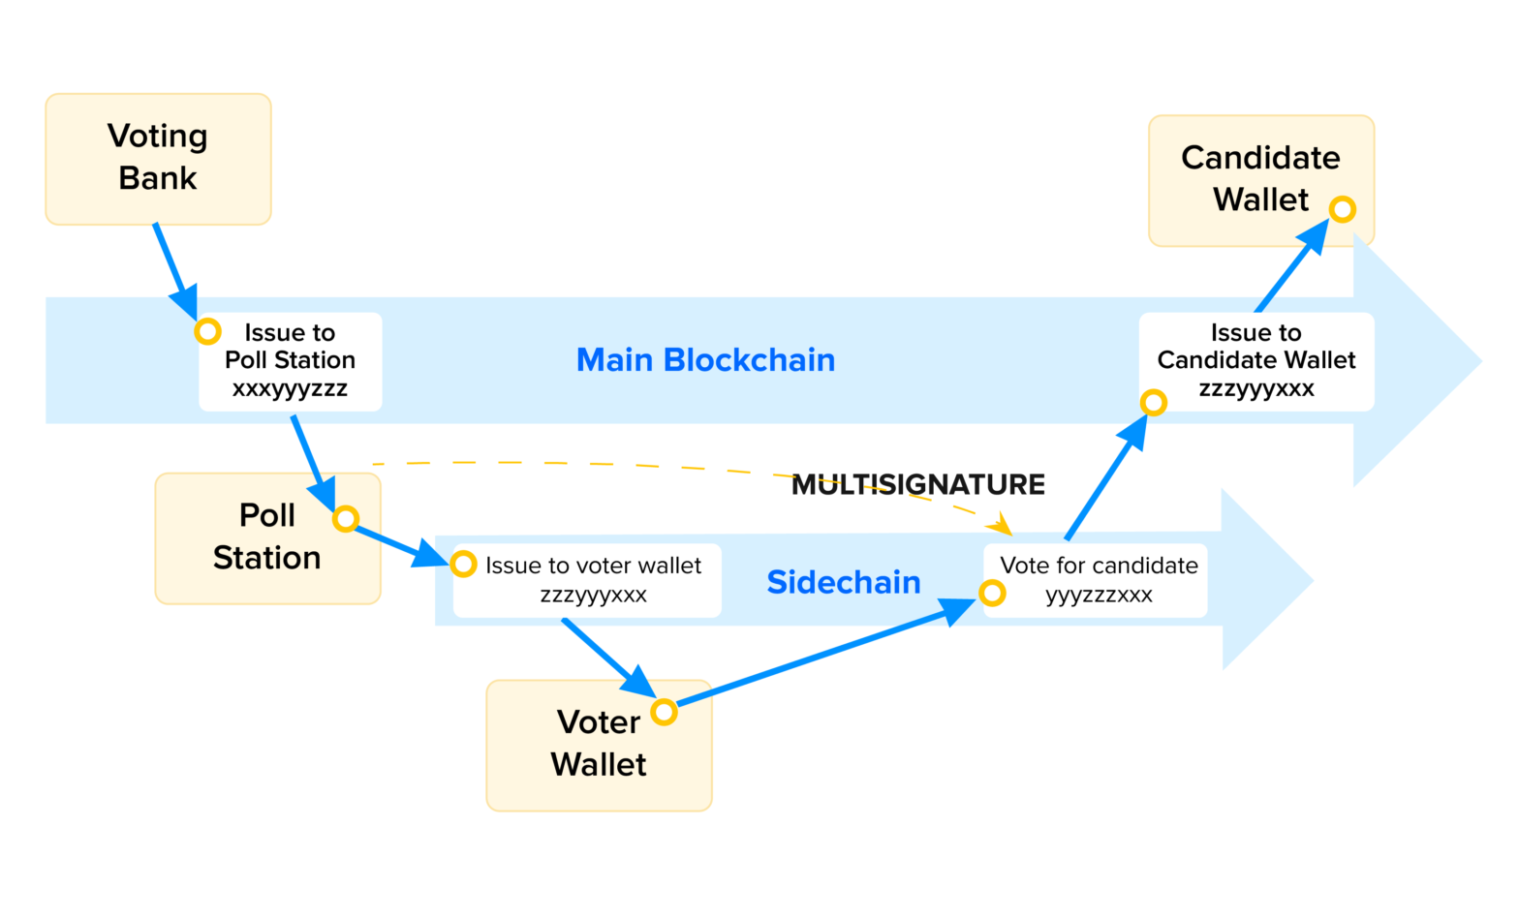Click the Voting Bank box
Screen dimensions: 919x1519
point(158,159)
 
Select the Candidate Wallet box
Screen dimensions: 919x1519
point(1259,179)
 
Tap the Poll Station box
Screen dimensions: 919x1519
point(266,537)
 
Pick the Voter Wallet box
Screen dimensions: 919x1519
point(598,744)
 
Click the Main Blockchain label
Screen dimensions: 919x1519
point(705,360)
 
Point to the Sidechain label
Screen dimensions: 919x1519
point(843,582)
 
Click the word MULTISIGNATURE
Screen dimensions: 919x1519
point(917,484)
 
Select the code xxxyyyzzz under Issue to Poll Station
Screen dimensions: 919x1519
point(290,389)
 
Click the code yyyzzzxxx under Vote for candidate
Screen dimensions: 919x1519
point(1099,595)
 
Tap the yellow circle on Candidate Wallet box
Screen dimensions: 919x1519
point(1342,209)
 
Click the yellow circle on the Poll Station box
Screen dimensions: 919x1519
point(346,519)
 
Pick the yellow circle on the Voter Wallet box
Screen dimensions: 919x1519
point(664,713)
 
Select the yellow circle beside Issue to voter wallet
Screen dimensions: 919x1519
point(464,564)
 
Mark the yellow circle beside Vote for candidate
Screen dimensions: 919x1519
point(992,593)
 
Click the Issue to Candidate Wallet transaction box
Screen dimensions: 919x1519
point(1256,361)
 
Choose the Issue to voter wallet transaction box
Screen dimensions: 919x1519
point(588,579)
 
